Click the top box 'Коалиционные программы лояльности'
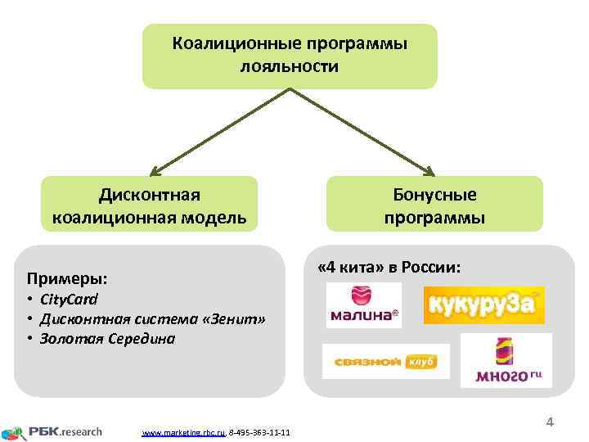[x=290, y=55]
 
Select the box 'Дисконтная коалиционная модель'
[x=149, y=205]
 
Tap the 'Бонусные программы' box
[x=434, y=205]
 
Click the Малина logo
[x=363, y=305]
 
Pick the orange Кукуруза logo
[x=483, y=305]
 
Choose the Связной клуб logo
[x=385, y=361]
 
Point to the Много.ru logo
[x=506, y=360]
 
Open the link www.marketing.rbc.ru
[x=183, y=431]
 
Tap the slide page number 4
[x=550, y=422]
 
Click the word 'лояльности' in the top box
[x=289, y=65]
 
